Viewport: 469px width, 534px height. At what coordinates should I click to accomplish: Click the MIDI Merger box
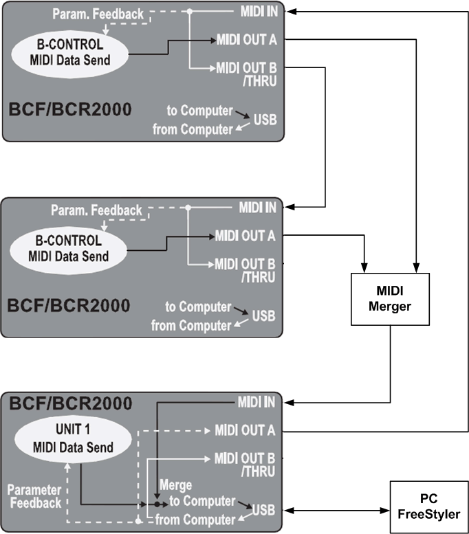pos(390,299)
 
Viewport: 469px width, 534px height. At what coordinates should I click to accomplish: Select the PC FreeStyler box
pos(429,507)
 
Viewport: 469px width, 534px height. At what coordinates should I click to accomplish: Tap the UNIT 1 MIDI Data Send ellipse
pos(73,438)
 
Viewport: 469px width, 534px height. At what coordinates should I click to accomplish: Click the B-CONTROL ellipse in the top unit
pos(70,54)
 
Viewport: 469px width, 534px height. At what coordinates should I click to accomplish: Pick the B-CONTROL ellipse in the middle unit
pos(69,250)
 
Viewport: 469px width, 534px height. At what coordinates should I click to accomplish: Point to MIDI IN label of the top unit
pos(259,12)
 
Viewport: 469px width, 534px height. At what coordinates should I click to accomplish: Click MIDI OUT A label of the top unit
pos(247,40)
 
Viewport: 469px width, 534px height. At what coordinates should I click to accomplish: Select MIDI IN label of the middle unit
pos(258,208)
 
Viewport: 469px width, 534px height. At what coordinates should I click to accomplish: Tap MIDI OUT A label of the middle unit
pos(245,236)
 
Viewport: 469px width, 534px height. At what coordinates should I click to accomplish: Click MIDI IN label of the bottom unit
pos(257,402)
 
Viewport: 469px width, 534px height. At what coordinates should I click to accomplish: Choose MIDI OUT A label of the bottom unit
pos(245,430)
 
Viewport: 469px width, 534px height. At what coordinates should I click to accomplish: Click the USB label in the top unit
pos(265,120)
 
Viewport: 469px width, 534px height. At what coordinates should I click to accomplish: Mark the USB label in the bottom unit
pos(263,510)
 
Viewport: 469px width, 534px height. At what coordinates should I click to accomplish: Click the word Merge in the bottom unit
pos(175,485)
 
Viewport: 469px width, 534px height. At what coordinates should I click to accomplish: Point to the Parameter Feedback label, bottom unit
pos(35,496)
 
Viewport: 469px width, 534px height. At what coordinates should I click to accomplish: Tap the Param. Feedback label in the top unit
pos(98,14)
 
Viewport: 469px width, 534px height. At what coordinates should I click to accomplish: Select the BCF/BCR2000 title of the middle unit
pos(69,305)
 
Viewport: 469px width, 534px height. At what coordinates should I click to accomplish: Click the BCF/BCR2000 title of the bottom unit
pos(71,403)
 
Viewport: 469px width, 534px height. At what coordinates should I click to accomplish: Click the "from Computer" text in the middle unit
pos(191,326)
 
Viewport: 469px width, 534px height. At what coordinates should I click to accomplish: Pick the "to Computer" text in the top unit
pos(199,111)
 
